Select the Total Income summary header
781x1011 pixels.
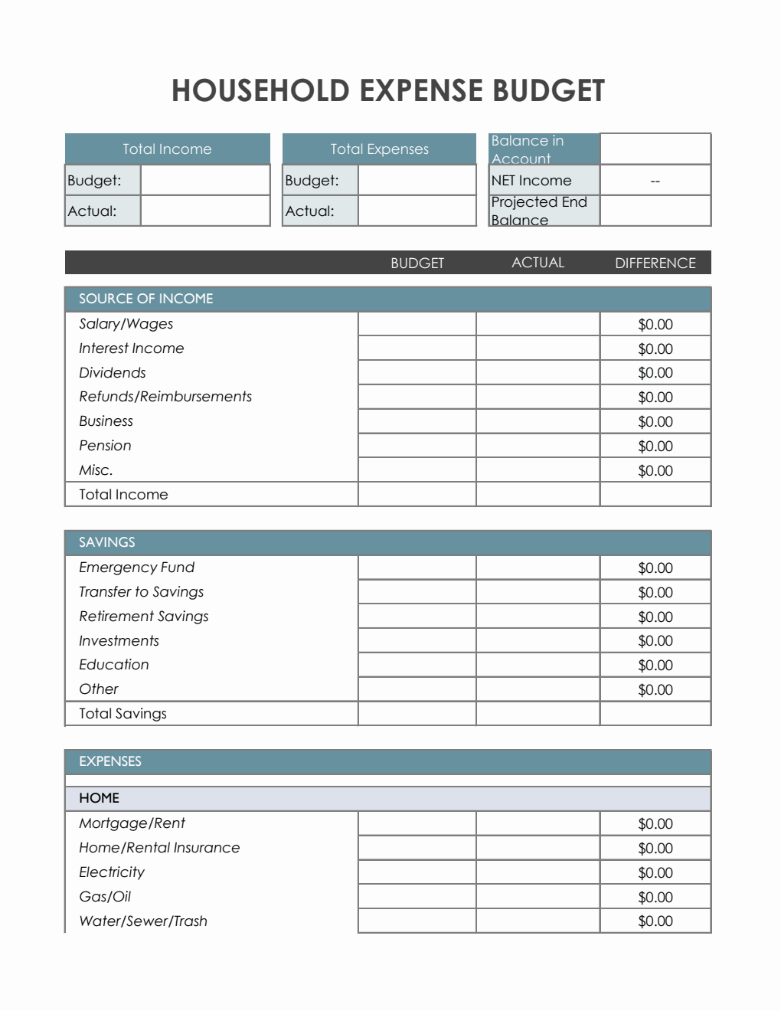[167, 149]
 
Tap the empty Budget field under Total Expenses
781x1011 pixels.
[417, 180]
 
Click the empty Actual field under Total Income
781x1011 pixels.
[204, 211]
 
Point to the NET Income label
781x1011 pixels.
[531, 180]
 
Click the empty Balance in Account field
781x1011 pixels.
[655, 149]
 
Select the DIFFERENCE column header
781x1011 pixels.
[655, 263]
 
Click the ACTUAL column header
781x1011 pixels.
[538, 263]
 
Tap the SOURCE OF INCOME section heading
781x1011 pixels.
[145, 299]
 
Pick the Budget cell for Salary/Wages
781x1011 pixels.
[417, 324]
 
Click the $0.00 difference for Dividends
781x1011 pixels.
[655, 373]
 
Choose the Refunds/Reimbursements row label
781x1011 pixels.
[165, 397]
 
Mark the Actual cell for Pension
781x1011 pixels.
[538, 446]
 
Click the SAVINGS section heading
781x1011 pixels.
[106, 542]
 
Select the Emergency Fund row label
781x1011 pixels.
[136, 568]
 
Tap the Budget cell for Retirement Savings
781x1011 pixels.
[417, 617]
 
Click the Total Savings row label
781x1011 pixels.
[123, 714]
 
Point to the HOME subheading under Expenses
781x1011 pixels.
[99, 798]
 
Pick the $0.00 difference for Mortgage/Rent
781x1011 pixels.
[655, 824]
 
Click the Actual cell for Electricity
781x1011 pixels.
[538, 872]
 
